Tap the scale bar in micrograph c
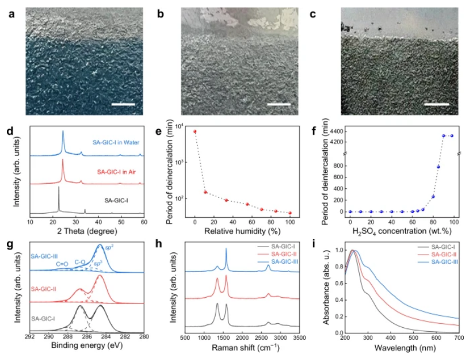click(x=436, y=105)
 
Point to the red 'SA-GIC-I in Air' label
click(x=117, y=172)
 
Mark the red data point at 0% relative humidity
click(x=195, y=131)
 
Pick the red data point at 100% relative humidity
click(x=290, y=213)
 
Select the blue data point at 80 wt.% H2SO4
click(x=433, y=196)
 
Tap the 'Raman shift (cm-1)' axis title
click(x=242, y=348)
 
